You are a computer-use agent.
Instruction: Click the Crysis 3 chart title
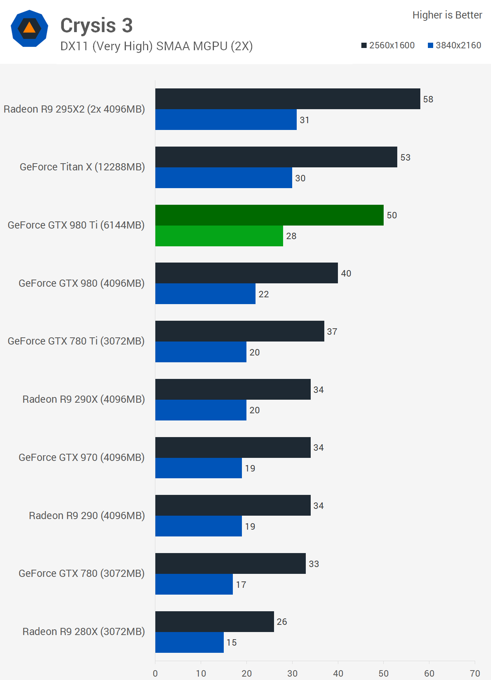tap(96, 25)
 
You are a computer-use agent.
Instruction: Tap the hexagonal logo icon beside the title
tap(29, 28)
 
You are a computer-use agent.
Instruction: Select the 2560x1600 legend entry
tap(388, 45)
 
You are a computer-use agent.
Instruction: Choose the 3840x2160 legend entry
tap(454, 45)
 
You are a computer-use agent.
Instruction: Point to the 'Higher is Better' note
tap(447, 15)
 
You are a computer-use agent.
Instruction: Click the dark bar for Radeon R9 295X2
tap(287, 99)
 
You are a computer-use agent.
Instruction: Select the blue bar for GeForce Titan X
tap(223, 178)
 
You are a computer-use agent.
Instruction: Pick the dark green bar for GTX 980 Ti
tap(269, 215)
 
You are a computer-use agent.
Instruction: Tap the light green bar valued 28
tap(219, 236)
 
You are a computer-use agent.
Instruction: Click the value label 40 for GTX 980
tap(346, 274)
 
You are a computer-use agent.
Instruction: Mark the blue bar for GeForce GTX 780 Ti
tap(201, 352)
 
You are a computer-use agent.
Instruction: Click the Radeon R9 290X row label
tap(84, 399)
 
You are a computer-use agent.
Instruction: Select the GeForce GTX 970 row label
tap(82, 457)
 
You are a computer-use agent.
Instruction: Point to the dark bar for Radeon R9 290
tap(232, 505)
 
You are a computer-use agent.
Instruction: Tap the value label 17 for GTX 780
tap(241, 585)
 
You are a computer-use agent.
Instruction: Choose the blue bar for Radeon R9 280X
tap(189, 643)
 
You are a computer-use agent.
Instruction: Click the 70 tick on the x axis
tap(475, 673)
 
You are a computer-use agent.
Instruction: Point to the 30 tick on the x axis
tap(292, 673)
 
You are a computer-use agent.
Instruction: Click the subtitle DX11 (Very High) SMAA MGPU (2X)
tap(156, 46)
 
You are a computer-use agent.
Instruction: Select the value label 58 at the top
tap(428, 99)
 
